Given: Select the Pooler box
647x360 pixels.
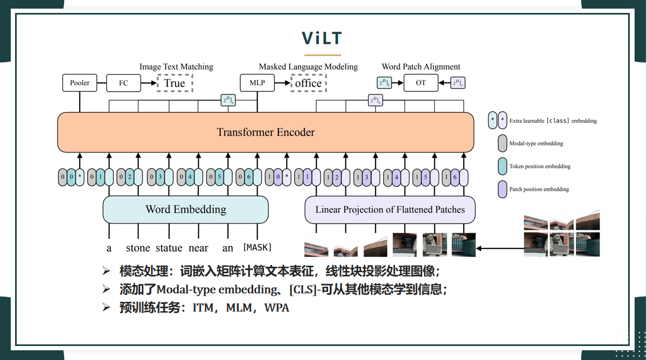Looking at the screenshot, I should tap(80, 83).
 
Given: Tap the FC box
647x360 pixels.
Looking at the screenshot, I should tap(123, 83).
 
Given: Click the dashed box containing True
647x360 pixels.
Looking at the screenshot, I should tap(175, 83).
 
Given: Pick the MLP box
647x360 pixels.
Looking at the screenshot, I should tap(257, 83).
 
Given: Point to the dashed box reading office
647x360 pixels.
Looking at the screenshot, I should tap(308, 83).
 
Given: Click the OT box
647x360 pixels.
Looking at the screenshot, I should tap(421, 82).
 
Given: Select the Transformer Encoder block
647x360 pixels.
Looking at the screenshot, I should tap(266, 132).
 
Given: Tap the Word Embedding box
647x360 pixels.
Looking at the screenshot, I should tap(185, 210).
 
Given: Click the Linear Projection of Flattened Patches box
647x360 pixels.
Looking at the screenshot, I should tap(390, 210).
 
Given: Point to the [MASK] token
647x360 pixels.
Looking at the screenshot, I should tap(258, 247).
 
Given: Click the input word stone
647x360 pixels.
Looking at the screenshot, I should tap(138, 248).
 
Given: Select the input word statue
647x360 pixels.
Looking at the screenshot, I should tap(169, 248).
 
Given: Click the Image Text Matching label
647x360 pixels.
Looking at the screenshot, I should tap(176, 67).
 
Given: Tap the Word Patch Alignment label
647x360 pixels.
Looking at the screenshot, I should tap(421, 67).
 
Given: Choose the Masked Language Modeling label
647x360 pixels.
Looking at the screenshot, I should tap(308, 67).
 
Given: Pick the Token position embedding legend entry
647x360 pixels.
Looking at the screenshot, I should tap(540, 167).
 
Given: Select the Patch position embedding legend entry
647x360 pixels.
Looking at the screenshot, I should tap(539, 189).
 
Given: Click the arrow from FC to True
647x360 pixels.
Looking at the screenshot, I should tap(149, 83).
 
